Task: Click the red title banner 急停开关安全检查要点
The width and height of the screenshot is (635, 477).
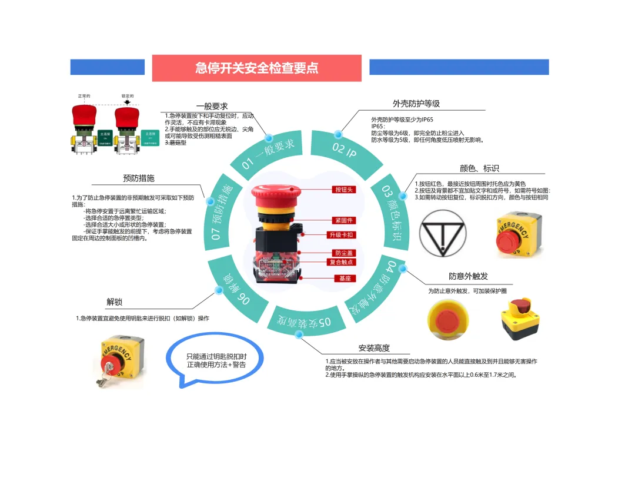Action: pyautogui.click(x=256, y=68)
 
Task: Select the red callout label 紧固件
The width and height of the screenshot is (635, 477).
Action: pyautogui.click(x=343, y=220)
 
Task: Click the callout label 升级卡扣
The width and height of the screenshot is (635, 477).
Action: pyautogui.click(x=341, y=235)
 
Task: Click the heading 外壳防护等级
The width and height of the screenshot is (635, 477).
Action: pyautogui.click(x=416, y=104)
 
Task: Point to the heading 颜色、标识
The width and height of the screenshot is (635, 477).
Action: pyautogui.click(x=479, y=168)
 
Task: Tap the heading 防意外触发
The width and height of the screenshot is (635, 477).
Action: pyautogui.click(x=468, y=276)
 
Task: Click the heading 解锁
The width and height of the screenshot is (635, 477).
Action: pyautogui.click(x=115, y=302)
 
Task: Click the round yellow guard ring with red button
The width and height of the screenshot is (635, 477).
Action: pyautogui.click(x=448, y=320)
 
